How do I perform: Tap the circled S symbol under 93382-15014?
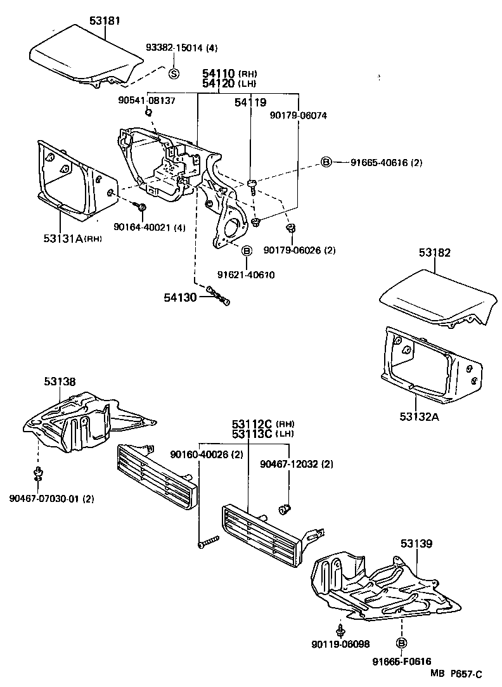pos(174,74)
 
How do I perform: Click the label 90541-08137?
pos(146,100)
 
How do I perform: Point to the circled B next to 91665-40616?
pos(326,162)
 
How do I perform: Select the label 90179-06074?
pos(298,115)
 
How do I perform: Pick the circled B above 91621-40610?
pos(247,250)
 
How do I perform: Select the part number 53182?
pos(434,252)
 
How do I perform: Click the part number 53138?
pos(60,382)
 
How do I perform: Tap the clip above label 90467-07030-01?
pos(37,473)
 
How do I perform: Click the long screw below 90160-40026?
pos(207,541)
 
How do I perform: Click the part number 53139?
pos(416,543)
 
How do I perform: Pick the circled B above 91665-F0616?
pos(401,643)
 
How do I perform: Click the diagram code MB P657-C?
pos(456,674)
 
